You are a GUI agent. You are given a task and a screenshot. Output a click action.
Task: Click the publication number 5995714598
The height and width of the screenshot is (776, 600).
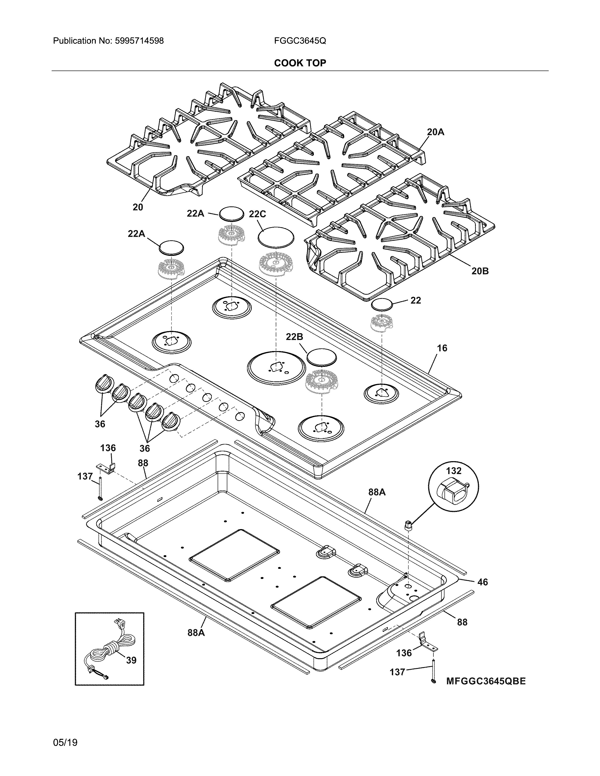139,41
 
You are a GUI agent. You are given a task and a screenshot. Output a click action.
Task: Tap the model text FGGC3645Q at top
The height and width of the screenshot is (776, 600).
300,41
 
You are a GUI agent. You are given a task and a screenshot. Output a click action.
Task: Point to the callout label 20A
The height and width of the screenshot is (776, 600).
436,132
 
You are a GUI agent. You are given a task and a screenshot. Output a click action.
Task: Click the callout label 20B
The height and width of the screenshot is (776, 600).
480,271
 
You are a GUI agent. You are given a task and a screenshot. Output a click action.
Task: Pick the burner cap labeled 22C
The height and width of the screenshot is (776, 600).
276,236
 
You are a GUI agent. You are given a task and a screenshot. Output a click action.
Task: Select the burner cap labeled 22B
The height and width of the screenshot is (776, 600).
321,357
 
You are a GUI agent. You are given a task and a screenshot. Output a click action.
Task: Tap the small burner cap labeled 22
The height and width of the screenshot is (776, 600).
382,305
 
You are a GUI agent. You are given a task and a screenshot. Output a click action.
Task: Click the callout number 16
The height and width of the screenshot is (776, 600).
442,348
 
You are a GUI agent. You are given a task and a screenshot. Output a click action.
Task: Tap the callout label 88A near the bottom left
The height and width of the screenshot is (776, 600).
196,633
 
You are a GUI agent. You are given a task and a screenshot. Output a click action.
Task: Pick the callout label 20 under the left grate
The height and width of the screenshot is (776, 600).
138,207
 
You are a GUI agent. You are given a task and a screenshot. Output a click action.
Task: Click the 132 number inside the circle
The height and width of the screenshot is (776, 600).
454,471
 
